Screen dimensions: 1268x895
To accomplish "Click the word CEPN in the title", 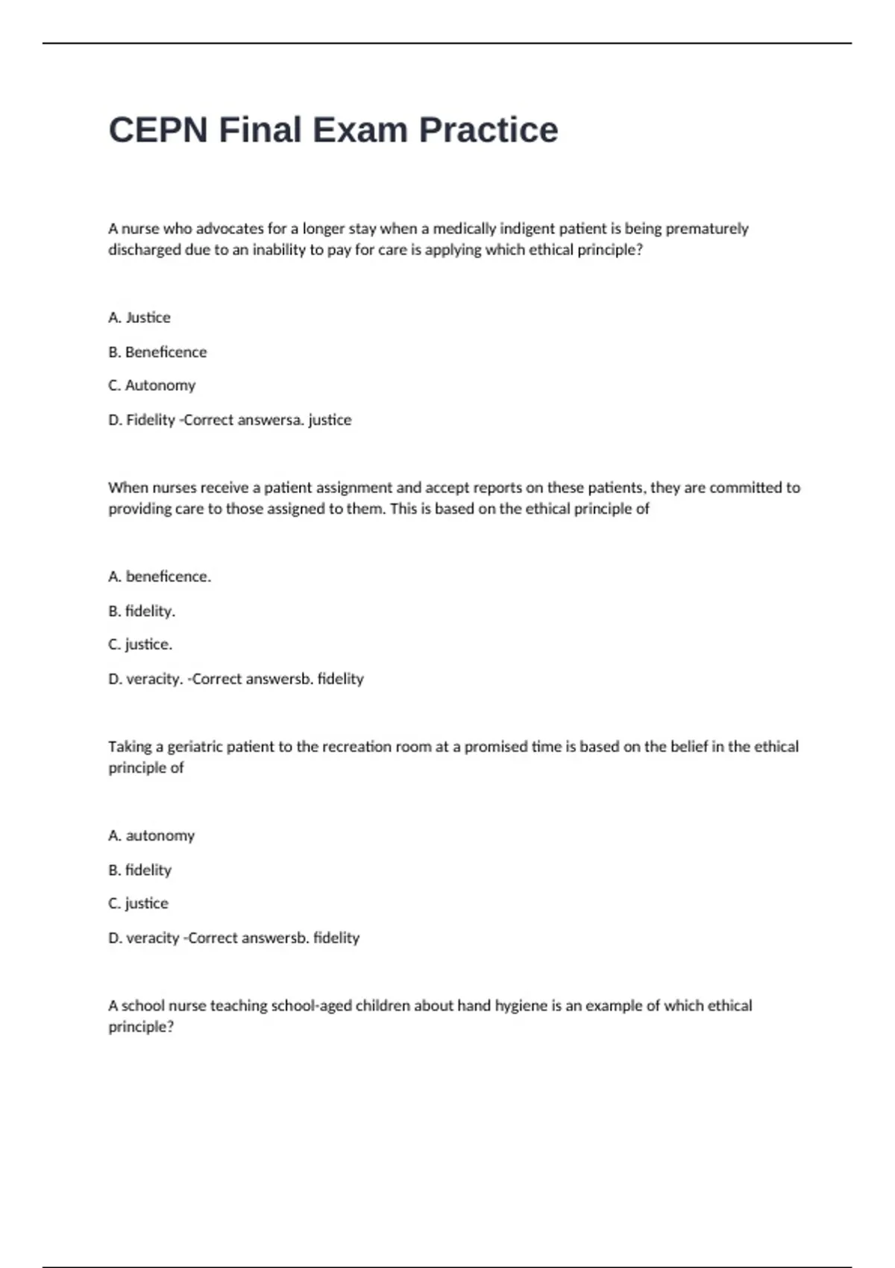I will click(158, 131).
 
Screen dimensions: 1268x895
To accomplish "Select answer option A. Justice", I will click(139, 318).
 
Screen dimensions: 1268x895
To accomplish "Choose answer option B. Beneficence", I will click(157, 352).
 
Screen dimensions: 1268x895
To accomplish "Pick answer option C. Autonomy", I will click(152, 386).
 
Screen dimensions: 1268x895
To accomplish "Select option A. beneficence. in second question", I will click(160, 577).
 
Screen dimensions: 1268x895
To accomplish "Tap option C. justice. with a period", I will click(140, 644).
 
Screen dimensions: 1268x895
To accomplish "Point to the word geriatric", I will click(195, 747).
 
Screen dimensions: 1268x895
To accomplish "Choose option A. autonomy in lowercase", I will click(151, 836).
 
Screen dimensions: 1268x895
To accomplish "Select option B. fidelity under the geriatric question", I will click(140, 870).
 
